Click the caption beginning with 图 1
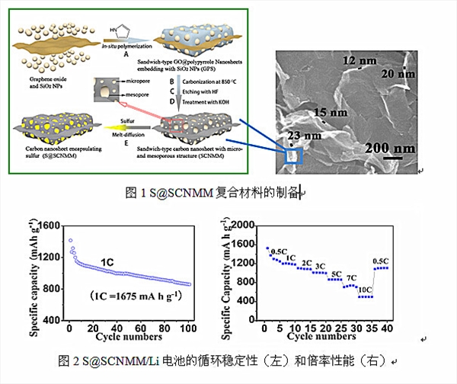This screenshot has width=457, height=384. click(x=213, y=193)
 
